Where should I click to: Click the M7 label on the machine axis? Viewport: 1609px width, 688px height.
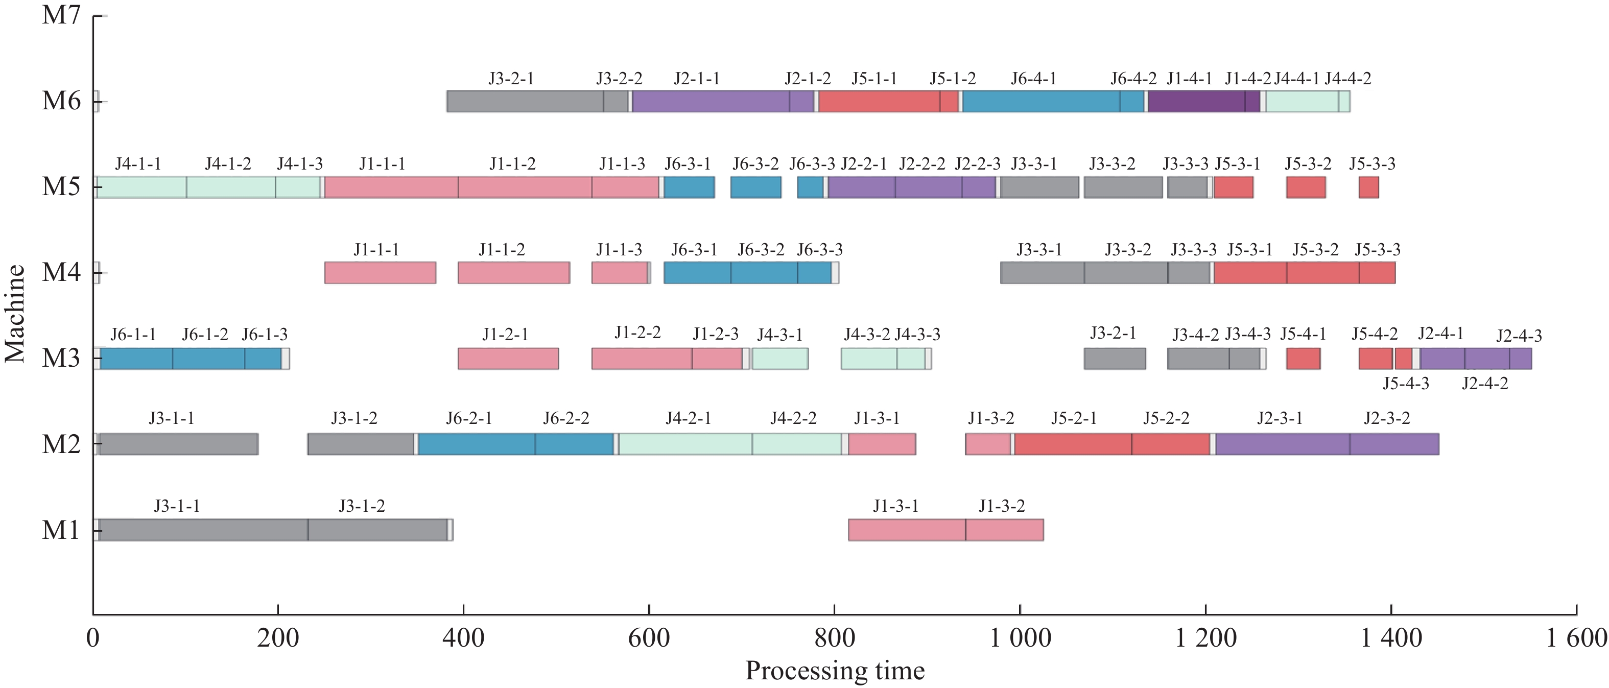point(61,15)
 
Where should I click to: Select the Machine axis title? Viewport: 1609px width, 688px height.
point(15,314)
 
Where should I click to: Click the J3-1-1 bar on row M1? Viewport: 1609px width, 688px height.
point(203,530)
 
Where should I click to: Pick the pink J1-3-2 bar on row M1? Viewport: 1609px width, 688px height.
point(1004,530)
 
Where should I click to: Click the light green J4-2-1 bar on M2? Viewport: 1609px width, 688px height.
point(685,444)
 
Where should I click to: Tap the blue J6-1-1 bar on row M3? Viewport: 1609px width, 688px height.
point(136,359)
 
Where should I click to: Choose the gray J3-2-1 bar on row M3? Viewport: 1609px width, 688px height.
point(1115,359)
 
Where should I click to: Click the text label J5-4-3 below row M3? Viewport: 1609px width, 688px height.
point(1405,384)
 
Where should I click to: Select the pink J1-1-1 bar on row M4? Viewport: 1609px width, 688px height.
point(380,273)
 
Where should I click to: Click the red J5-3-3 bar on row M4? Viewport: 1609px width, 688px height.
point(1377,273)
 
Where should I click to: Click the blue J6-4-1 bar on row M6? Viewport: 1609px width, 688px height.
point(1040,102)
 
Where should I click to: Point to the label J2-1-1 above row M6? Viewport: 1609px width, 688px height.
point(696,79)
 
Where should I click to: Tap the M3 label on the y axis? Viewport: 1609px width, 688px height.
point(61,359)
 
